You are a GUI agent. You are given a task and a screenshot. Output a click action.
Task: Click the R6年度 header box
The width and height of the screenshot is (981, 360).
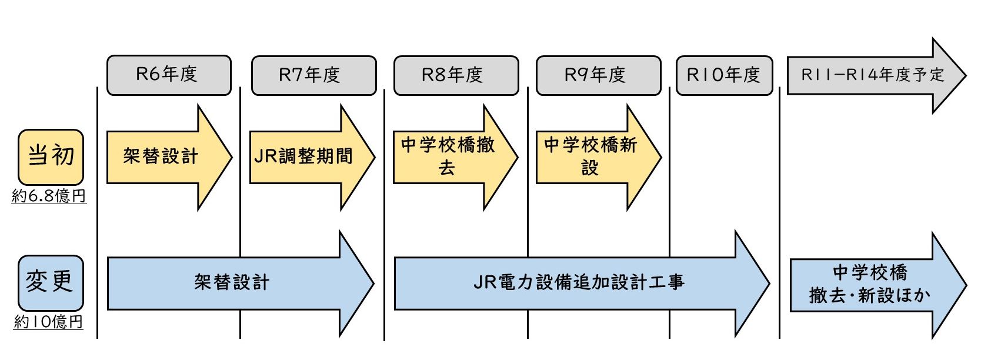(169, 75)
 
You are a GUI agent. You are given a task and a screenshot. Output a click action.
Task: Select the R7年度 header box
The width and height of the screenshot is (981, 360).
(313, 75)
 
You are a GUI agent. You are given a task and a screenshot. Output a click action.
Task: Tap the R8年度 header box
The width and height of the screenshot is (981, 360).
(456, 75)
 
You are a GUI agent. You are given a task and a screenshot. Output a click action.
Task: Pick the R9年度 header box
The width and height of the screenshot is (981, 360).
(598, 75)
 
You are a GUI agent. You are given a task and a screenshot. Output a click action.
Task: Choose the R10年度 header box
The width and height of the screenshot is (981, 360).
(724, 75)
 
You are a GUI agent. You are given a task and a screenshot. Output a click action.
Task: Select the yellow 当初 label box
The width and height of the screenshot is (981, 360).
(51, 157)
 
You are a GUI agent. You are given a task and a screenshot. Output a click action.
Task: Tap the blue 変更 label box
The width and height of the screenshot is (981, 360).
(50, 282)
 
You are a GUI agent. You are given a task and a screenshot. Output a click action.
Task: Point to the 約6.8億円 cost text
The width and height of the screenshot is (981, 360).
(49, 196)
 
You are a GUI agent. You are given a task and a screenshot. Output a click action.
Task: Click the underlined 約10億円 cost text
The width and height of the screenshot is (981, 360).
(48, 322)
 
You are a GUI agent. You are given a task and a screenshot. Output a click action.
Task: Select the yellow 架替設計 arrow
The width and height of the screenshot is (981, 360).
(162, 157)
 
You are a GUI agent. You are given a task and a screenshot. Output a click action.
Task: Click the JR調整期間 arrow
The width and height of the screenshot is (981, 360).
(304, 157)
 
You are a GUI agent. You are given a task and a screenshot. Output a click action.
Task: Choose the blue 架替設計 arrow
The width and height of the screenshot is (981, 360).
(232, 283)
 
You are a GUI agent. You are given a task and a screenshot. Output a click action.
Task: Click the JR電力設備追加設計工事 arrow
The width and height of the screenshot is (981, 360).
(579, 283)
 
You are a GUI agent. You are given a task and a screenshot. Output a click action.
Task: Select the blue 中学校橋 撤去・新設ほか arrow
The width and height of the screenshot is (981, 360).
(870, 284)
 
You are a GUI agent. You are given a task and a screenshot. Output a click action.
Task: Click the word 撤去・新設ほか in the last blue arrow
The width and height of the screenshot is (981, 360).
(870, 295)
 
